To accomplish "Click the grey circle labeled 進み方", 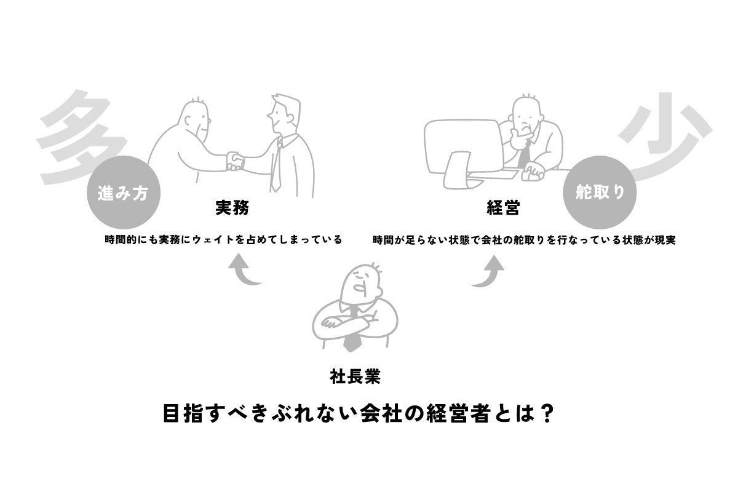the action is [x=124, y=192].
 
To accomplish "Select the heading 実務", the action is [x=232, y=208].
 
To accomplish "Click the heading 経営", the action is [x=502, y=208].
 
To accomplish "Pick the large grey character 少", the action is [x=664, y=138].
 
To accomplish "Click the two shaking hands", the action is [x=235, y=161].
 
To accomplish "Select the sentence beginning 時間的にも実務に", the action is [x=223, y=240].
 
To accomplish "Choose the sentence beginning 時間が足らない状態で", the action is [x=524, y=240].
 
